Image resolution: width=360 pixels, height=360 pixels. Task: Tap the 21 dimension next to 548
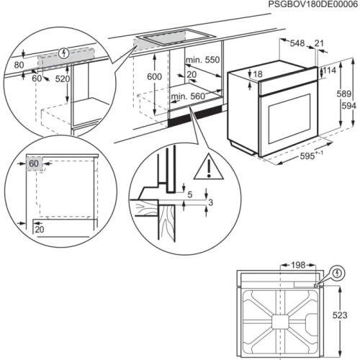tap(318, 44)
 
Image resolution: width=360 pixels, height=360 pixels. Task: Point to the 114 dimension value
tap(330, 71)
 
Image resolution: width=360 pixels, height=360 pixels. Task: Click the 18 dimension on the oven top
tap(258, 74)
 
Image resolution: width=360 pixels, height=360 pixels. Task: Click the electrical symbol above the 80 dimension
tap(63, 52)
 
